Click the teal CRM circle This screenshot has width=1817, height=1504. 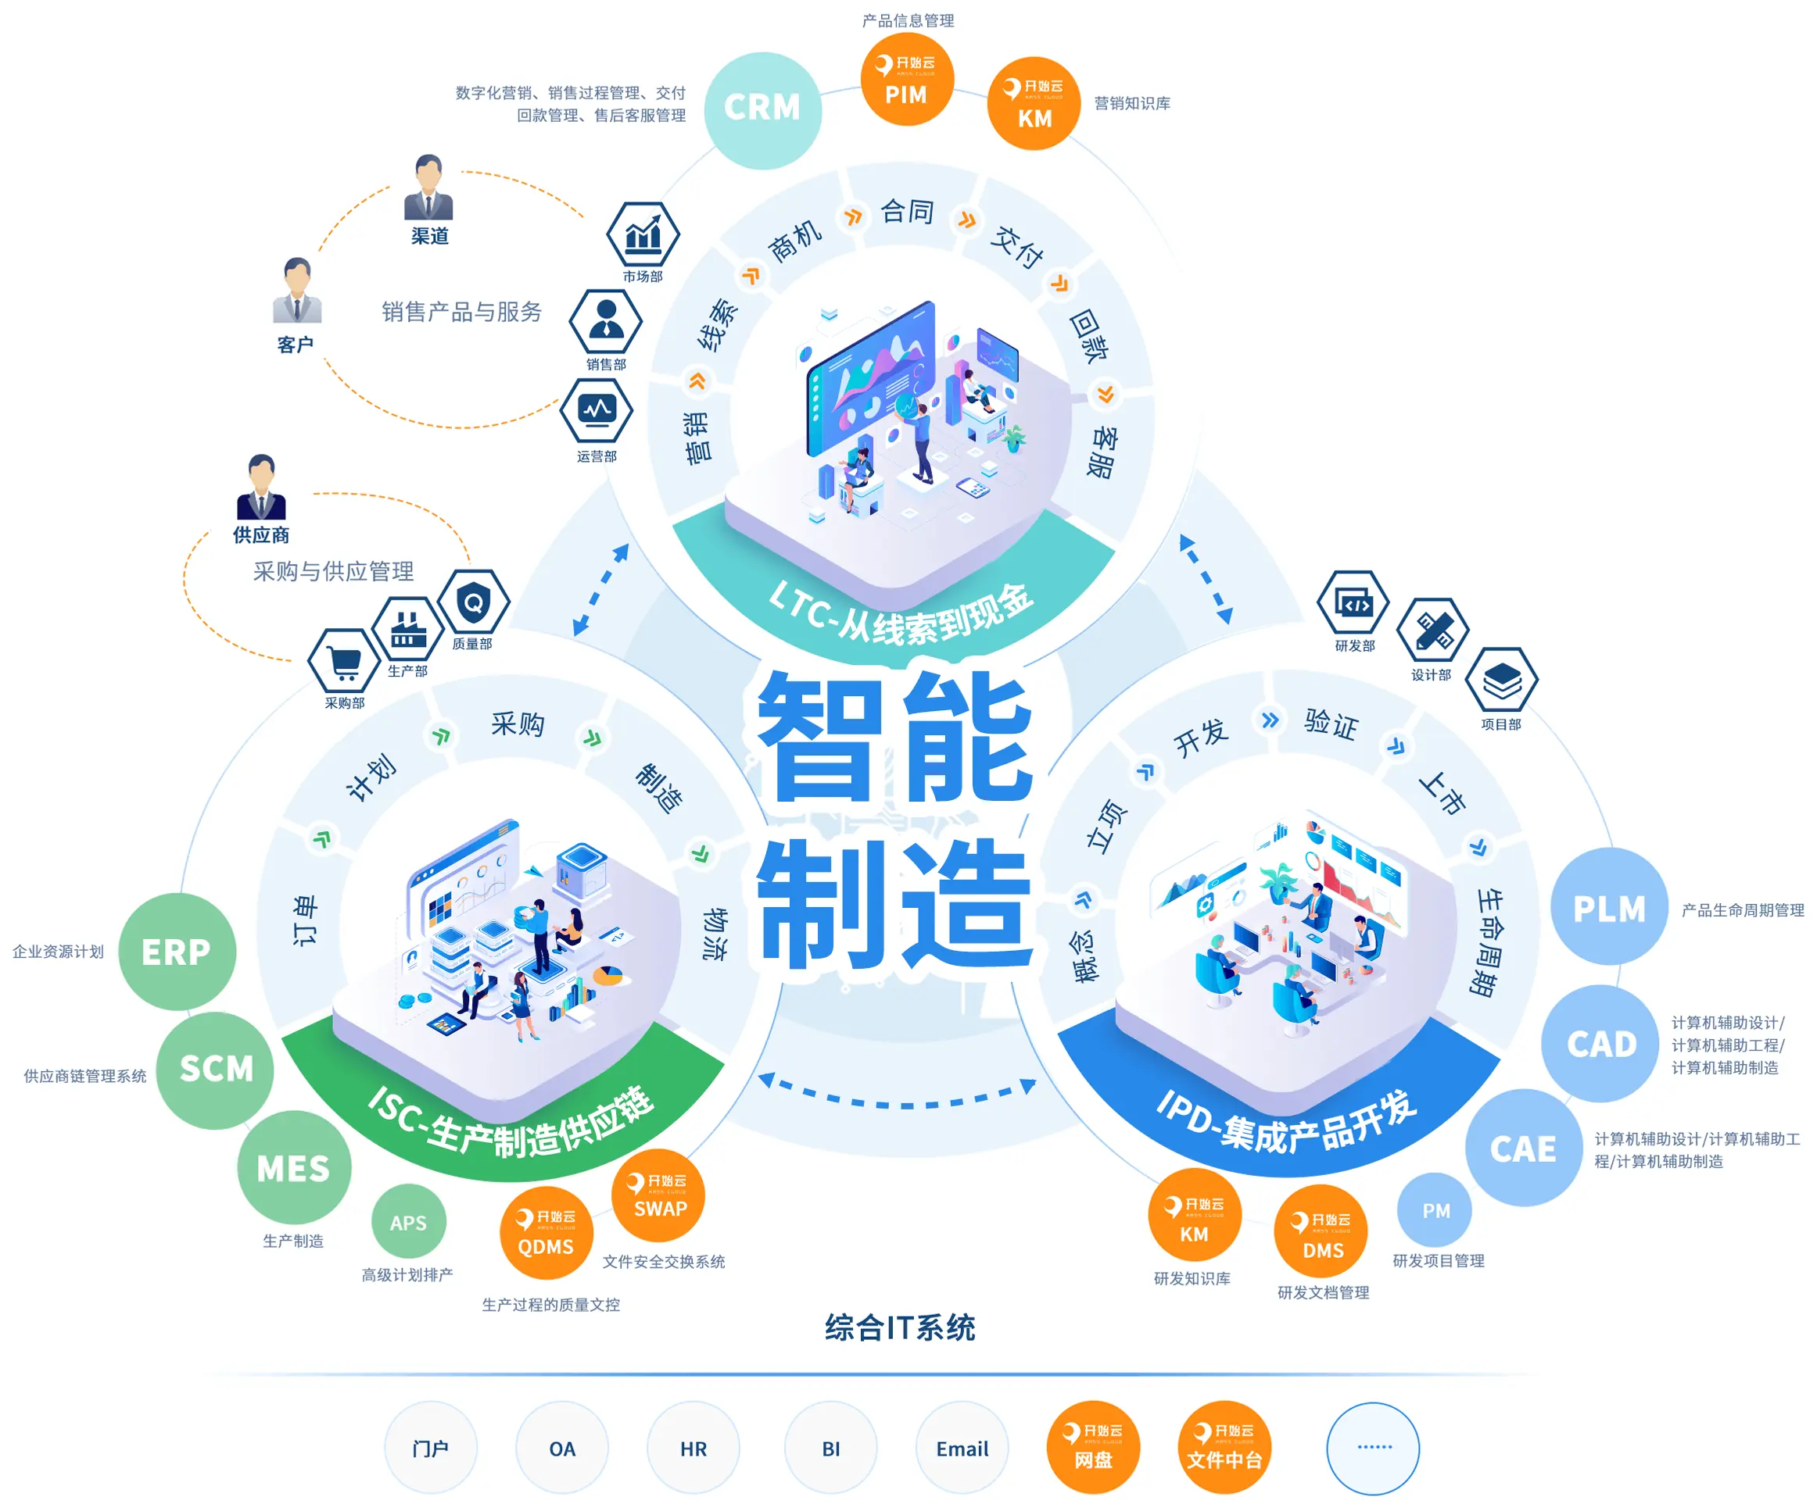(x=762, y=110)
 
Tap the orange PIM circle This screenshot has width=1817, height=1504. (x=906, y=80)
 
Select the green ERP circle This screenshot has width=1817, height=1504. (x=177, y=952)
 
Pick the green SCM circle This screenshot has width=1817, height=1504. (x=216, y=1070)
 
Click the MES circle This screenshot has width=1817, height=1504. (x=294, y=1167)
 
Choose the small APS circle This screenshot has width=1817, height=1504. (x=408, y=1221)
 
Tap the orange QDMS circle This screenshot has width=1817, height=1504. (x=546, y=1232)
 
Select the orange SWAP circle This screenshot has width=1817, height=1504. (x=658, y=1196)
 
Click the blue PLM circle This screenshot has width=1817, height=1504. (x=1608, y=906)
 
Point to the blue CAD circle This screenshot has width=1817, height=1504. (x=1600, y=1043)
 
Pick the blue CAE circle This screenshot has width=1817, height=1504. (x=1524, y=1148)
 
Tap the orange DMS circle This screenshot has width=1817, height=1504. (x=1321, y=1232)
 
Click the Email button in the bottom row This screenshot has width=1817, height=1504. (x=962, y=1448)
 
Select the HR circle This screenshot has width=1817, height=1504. (x=693, y=1448)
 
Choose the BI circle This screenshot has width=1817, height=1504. (x=830, y=1448)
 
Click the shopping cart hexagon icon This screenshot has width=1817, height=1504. (x=344, y=663)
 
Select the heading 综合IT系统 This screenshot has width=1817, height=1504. (x=900, y=1327)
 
